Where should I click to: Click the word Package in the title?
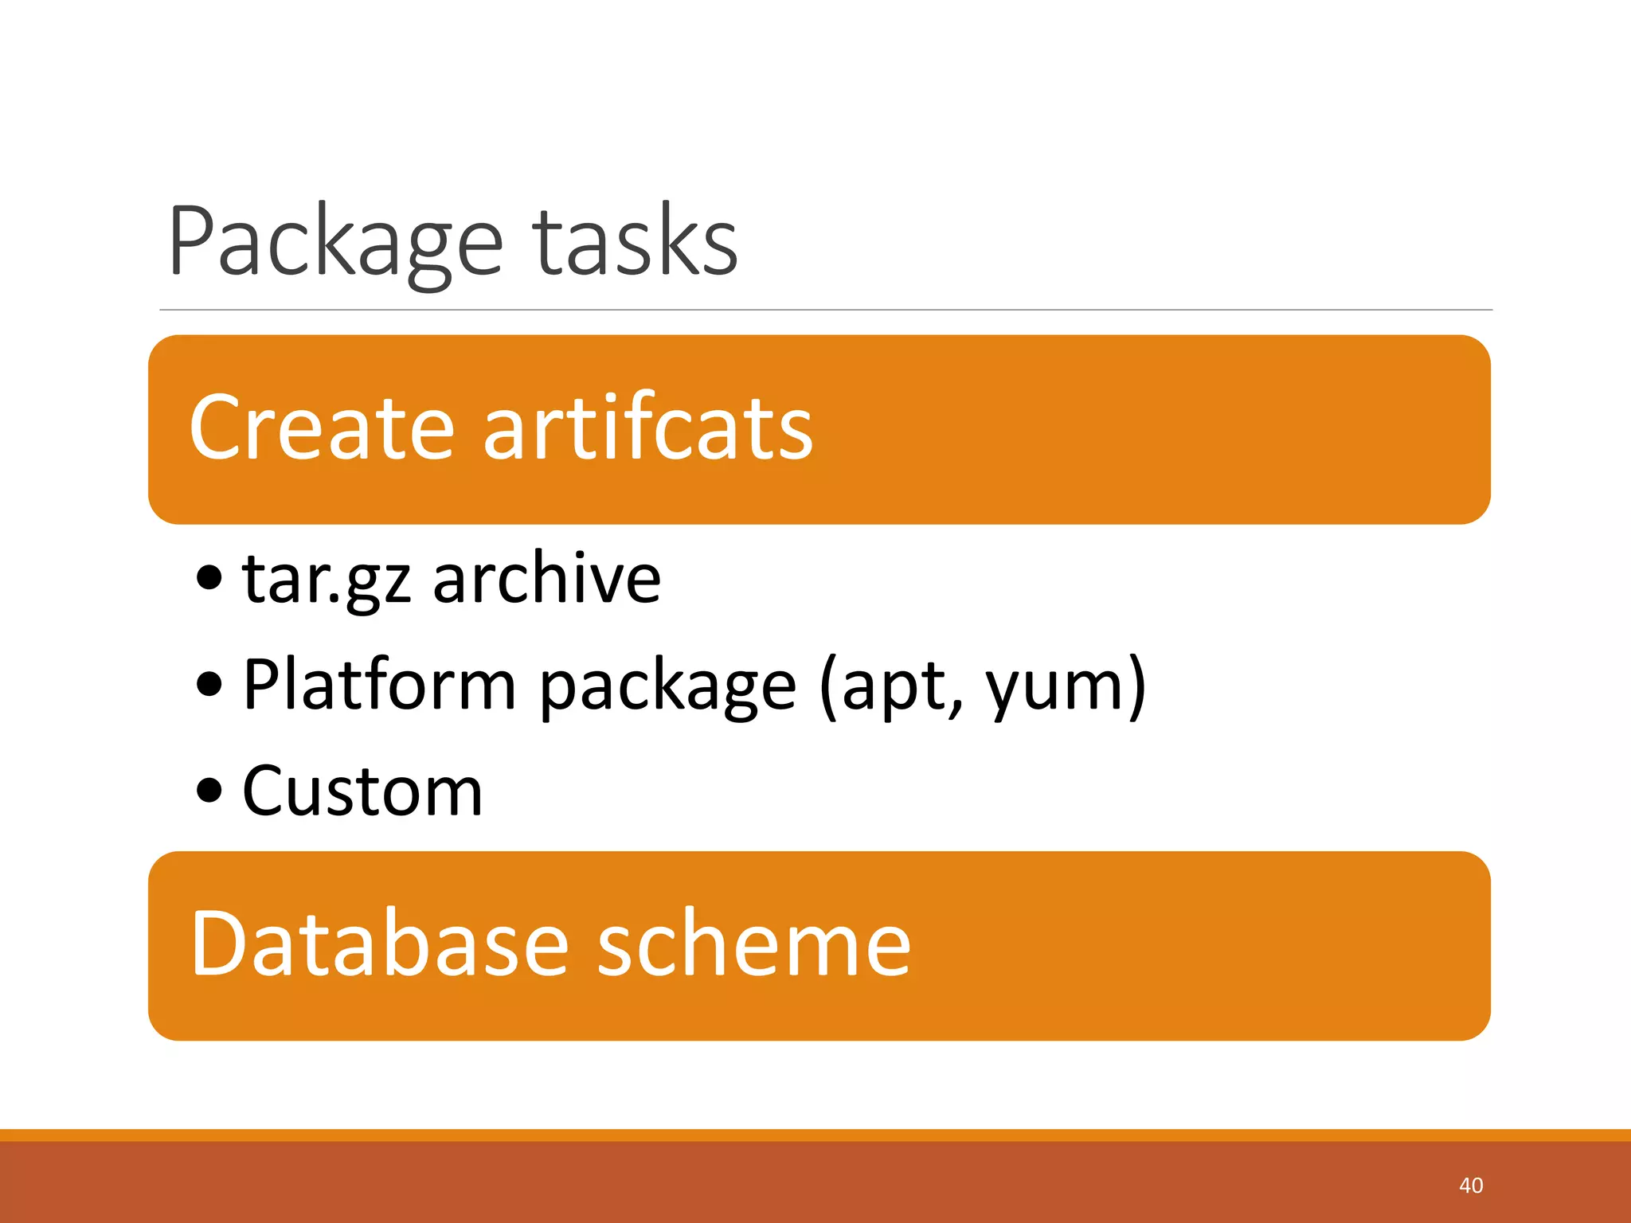334,243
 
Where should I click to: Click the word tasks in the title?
636,243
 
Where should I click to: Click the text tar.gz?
327,580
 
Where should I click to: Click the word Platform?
380,685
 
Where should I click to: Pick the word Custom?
362,791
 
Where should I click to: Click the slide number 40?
1470,1186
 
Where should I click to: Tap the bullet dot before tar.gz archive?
209,579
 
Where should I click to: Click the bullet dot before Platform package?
209,684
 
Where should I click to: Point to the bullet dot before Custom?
209,791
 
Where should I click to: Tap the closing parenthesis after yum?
1136,686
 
